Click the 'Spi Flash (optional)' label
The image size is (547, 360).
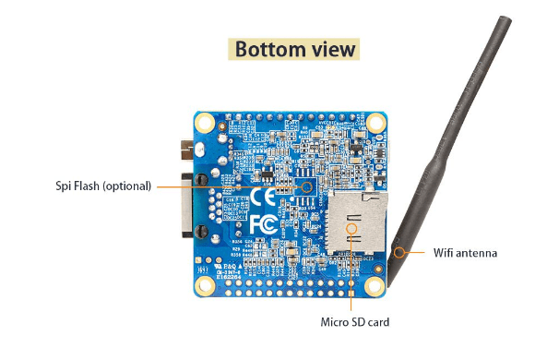pos(102,186)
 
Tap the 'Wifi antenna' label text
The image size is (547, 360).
pos(465,251)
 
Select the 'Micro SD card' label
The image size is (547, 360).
pos(355,322)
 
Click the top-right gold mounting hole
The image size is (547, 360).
pos(375,123)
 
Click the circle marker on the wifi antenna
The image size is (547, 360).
pos(399,251)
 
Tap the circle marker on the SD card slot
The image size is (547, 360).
pos(351,227)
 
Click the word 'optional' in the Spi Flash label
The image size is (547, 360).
pos(126,186)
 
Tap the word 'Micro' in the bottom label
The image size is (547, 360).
pos(335,322)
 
